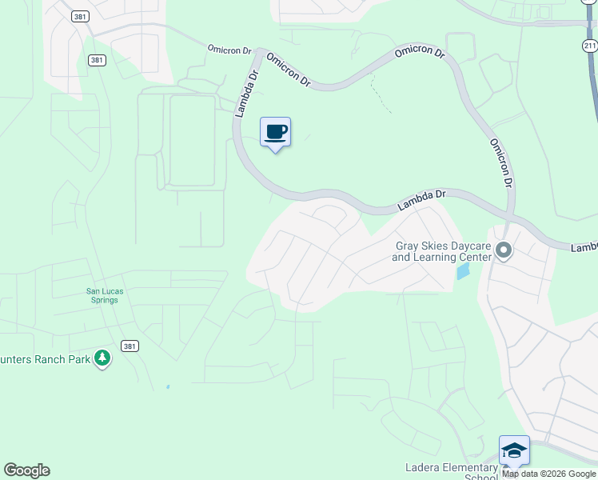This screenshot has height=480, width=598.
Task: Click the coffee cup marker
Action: click(x=275, y=132)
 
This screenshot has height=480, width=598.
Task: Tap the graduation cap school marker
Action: click(x=514, y=450)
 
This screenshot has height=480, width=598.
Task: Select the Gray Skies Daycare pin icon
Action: click(x=504, y=251)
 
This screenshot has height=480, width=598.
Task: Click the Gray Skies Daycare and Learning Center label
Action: click(x=441, y=251)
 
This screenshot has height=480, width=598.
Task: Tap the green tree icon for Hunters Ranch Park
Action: click(x=102, y=358)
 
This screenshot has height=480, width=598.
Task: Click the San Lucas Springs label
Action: click(x=105, y=295)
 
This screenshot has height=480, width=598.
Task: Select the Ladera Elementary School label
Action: click(x=451, y=472)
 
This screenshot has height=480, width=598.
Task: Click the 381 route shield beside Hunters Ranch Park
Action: click(x=130, y=346)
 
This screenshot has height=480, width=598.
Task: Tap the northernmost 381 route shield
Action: click(x=78, y=15)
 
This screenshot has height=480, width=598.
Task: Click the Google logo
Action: click(x=26, y=470)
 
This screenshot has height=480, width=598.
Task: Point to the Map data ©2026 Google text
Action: click(x=548, y=474)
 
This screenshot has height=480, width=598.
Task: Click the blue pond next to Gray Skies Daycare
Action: click(x=463, y=271)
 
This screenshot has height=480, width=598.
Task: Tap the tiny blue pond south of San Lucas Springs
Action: click(x=168, y=387)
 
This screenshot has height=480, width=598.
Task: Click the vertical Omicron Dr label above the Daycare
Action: click(x=500, y=162)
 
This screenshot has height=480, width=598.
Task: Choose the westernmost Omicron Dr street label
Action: click(x=230, y=49)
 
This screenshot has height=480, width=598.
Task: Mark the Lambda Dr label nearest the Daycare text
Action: click(x=421, y=200)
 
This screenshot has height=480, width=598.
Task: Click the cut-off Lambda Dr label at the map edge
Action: click(x=584, y=247)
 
